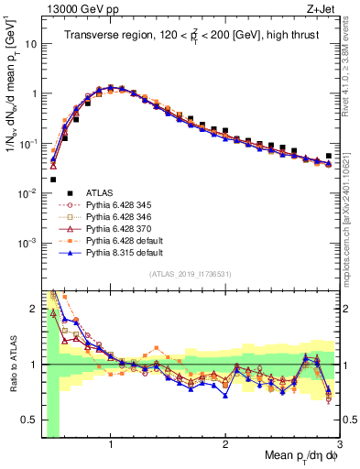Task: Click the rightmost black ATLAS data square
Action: pos(329,157)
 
